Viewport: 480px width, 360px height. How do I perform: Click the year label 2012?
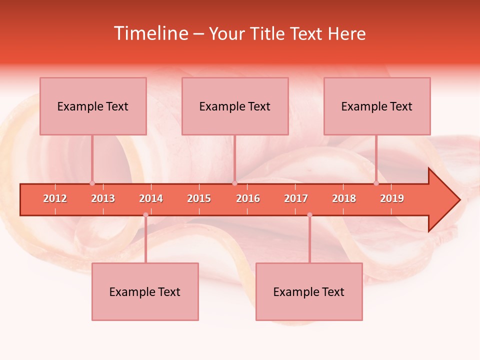pyautogui.click(x=55, y=198)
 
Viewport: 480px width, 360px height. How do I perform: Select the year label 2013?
pyautogui.click(x=103, y=198)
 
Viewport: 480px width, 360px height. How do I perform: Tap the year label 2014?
pyautogui.click(x=151, y=198)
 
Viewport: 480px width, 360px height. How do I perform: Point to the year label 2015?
pyautogui.click(x=199, y=198)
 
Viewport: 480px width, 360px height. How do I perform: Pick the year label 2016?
pyautogui.click(x=248, y=198)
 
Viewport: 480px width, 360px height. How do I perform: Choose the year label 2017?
pyautogui.click(x=296, y=198)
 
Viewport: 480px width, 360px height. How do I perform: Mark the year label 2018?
pyautogui.click(x=344, y=198)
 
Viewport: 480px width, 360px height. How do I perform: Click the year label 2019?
pyautogui.click(x=392, y=198)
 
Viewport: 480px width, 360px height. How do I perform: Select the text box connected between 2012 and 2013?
pyautogui.click(x=93, y=106)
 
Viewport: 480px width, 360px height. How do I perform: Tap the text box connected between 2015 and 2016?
pyautogui.click(x=235, y=106)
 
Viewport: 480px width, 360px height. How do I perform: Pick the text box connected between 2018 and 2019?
pyautogui.click(x=377, y=106)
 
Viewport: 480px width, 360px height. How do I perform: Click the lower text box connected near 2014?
pyautogui.click(x=145, y=291)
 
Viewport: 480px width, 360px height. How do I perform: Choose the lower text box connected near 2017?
pyautogui.click(x=309, y=291)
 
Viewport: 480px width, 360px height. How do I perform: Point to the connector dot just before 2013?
pyautogui.click(x=92, y=183)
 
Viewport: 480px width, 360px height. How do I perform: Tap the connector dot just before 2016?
pyautogui.click(x=234, y=183)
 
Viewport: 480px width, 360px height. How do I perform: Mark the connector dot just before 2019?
pyautogui.click(x=376, y=183)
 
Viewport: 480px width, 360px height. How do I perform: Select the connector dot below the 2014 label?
pyautogui.click(x=145, y=215)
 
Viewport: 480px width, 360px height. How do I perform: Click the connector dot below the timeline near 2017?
pyautogui.click(x=309, y=215)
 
